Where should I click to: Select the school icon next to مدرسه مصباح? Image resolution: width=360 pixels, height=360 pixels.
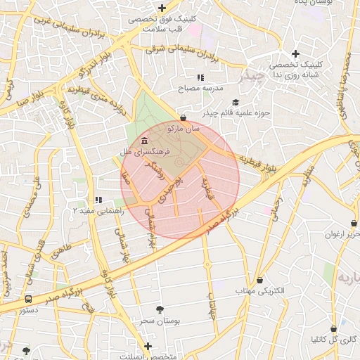(x=200, y=77)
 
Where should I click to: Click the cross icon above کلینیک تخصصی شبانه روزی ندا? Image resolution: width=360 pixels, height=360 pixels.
(x=295, y=53)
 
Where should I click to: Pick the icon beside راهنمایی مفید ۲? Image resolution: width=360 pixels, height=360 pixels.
(x=98, y=199)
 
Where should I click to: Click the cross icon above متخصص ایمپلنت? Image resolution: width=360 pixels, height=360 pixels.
(x=148, y=346)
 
